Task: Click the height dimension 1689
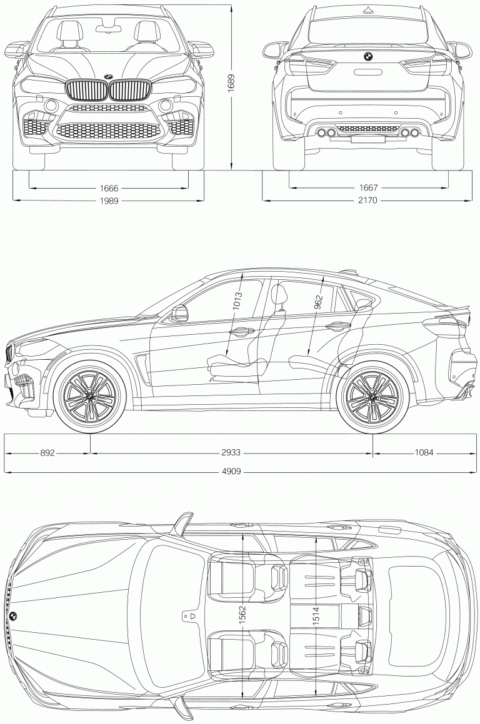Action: coord(231,84)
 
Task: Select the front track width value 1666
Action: coord(108,187)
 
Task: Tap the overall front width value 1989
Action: coord(108,201)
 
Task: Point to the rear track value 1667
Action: coord(369,187)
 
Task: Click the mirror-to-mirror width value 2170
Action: coord(369,201)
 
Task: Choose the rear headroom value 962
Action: coord(318,302)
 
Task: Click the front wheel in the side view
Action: coord(91,397)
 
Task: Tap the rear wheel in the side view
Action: coord(372,397)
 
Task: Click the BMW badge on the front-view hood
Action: coord(109,76)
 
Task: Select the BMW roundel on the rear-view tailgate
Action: coord(368,57)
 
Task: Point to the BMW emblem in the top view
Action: coord(13,615)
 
